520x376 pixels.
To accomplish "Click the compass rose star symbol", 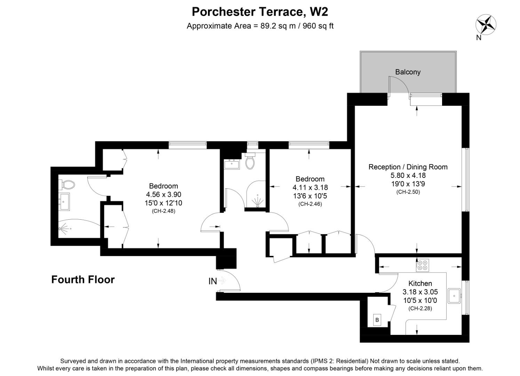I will coord(486,24).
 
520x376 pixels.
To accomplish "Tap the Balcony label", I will coord(408,72).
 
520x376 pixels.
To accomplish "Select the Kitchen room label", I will coord(420,283).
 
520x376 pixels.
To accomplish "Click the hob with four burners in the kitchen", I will coord(423,265).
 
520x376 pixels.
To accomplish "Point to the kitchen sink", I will coord(454,296).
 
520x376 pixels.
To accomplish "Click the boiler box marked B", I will coord(377,319).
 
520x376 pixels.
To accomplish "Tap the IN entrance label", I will coord(213,281).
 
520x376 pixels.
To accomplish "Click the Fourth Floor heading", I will coord(83,280).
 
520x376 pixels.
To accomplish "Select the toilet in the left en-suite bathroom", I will coord(67,183).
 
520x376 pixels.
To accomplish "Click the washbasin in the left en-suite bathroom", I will coord(65,202).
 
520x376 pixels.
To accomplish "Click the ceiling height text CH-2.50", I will coord(408,192).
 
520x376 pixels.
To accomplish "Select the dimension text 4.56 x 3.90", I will coord(163,195).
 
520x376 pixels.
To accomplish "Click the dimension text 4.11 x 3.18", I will coord(310,188).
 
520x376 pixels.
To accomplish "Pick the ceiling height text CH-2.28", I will coord(420,308).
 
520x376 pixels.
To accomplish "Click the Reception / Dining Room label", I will coord(408,167).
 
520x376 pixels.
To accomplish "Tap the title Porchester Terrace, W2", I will coord(260,12).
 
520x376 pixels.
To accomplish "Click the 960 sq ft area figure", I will coord(318,26).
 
